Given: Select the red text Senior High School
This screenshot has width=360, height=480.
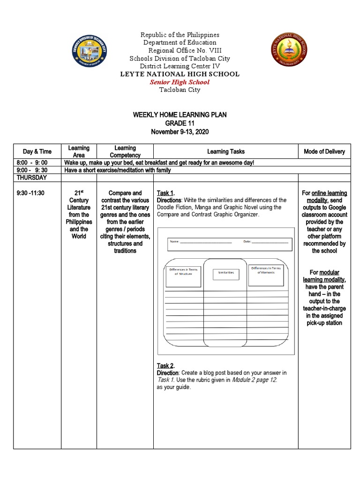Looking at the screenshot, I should point(180,82).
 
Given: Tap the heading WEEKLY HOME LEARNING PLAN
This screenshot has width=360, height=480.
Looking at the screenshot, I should point(180,115).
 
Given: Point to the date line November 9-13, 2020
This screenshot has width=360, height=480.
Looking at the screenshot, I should point(180,132).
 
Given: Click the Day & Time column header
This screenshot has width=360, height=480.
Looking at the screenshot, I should point(37,151).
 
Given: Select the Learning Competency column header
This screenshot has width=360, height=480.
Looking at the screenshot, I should point(125,151).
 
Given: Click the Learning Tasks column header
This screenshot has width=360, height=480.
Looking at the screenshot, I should point(225,151).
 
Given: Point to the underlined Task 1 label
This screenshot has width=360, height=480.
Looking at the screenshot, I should point(165,193).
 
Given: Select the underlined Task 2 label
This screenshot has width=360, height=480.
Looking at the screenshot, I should point(165,366).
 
